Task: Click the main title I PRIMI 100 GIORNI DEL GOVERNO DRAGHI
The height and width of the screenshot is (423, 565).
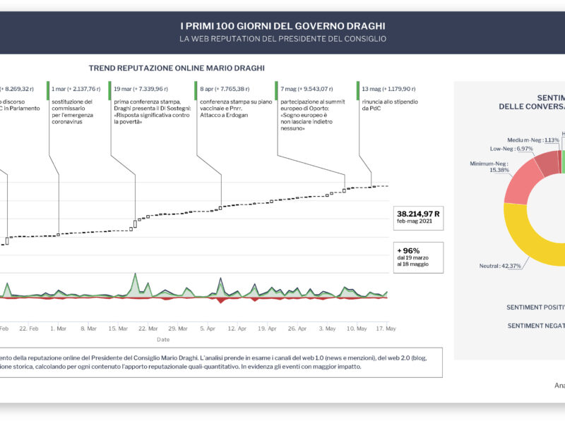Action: click(282, 26)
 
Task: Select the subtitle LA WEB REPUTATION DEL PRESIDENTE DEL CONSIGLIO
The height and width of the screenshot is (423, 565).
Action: click(282, 39)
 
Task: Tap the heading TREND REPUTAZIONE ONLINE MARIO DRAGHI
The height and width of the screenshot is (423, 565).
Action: click(177, 68)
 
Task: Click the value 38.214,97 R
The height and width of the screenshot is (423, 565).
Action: click(419, 214)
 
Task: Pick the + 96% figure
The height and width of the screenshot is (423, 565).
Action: click(409, 250)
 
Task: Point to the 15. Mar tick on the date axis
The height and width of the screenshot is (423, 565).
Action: click(118, 329)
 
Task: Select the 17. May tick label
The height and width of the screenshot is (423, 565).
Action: click(386, 329)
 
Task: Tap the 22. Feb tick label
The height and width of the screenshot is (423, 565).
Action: click(29, 329)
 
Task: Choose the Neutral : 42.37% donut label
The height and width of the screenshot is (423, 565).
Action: click(499, 266)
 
